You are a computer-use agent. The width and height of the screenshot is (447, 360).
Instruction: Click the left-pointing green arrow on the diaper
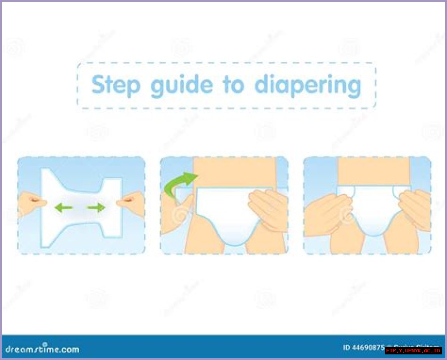[63, 208]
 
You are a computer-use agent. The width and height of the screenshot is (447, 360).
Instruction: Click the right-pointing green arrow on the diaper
[96, 208]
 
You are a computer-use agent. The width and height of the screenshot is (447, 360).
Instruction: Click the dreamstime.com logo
[42, 348]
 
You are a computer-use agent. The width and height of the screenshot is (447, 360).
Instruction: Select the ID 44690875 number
[363, 347]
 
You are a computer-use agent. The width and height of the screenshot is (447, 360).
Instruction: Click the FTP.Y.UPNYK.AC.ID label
[413, 350]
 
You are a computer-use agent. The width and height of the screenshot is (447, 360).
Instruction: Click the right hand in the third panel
[416, 209]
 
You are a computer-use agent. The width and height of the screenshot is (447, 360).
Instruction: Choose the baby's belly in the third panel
[373, 171]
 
